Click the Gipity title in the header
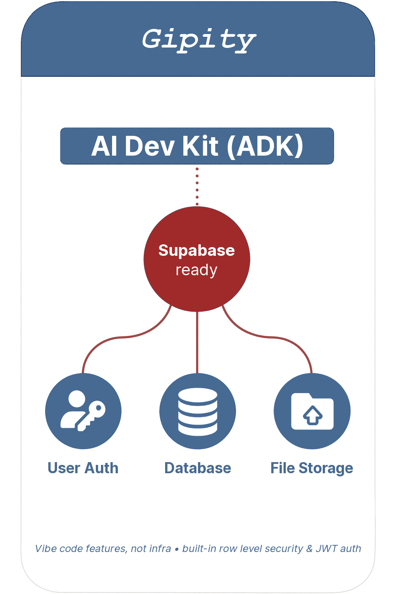click(199, 40)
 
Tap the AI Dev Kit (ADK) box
click(197, 146)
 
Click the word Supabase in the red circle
click(196, 250)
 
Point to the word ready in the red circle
click(196, 270)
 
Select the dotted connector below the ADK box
click(197, 186)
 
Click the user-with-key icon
click(83, 411)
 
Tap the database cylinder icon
click(198, 411)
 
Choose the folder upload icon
click(312, 411)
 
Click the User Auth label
click(83, 468)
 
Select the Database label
click(198, 468)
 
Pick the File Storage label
click(312, 468)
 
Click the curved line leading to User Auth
click(119, 338)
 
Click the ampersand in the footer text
click(309, 548)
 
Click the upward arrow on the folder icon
click(312, 415)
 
